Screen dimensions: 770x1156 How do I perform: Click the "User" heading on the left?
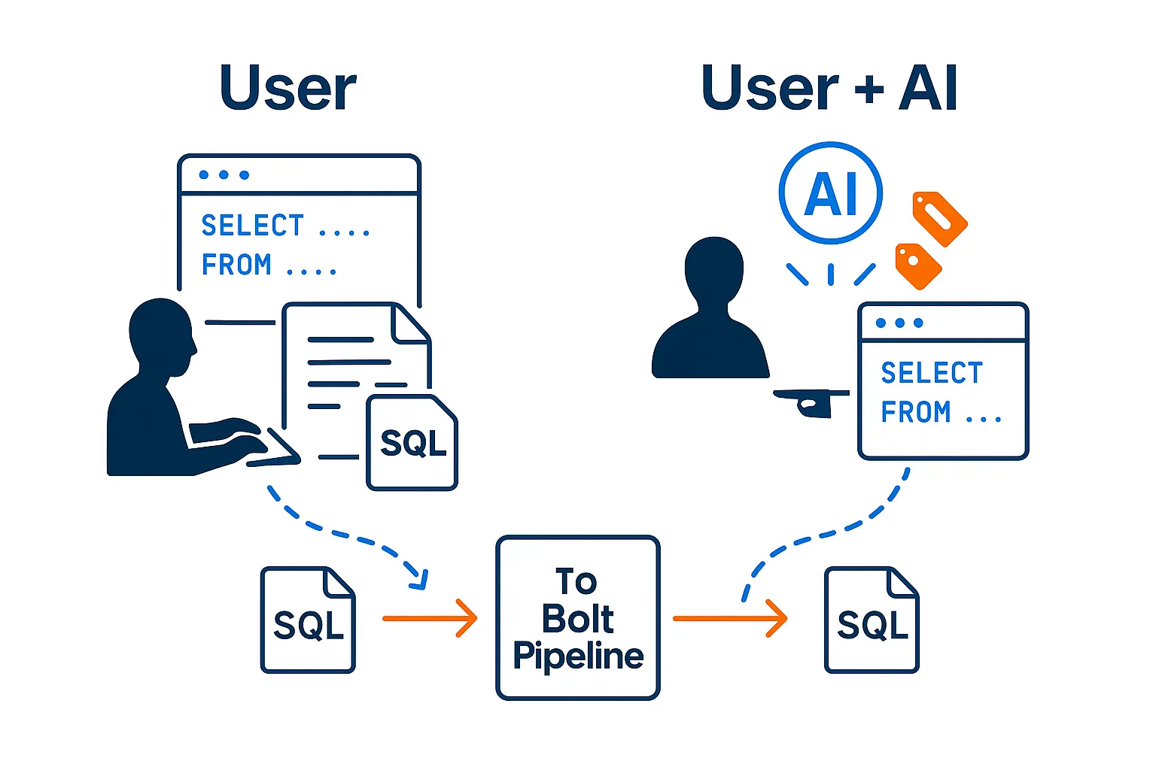coord(287,88)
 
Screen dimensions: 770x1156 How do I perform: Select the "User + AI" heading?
coord(829,88)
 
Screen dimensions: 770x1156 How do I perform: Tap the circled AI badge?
coord(831,192)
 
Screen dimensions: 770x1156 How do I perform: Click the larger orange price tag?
coord(939,218)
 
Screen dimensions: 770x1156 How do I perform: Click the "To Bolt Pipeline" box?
coord(577,618)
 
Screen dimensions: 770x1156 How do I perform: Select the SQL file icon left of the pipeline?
coord(308,620)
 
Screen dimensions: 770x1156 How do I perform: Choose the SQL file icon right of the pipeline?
coord(872,620)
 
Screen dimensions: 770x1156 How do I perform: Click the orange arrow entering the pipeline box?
coord(430,618)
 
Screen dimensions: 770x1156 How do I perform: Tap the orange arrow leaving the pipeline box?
coord(729,618)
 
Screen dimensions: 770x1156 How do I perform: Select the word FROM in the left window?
coord(236,265)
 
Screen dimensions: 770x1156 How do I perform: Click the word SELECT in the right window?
coord(932,373)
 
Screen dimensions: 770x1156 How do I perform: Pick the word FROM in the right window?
coord(916,412)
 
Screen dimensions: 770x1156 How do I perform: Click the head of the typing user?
coord(160,335)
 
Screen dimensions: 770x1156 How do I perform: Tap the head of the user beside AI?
coord(713,271)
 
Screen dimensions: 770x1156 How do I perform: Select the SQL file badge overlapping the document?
coord(412,443)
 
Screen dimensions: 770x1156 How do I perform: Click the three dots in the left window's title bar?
coord(224,174)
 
